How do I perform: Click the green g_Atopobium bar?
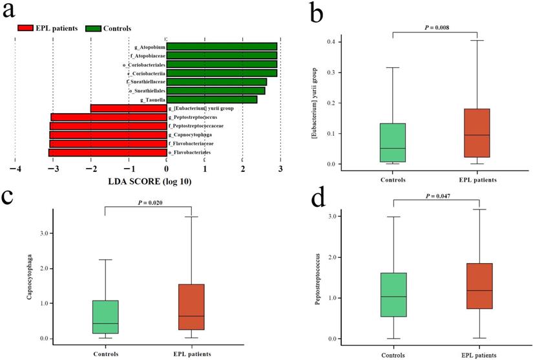click(x=222, y=47)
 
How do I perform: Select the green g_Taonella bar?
click(x=212, y=100)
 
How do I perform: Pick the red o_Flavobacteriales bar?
click(x=107, y=153)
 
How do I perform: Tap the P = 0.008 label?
click(x=434, y=27)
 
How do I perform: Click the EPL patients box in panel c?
click(x=191, y=307)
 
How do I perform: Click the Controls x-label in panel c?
click(x=105, y=354)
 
